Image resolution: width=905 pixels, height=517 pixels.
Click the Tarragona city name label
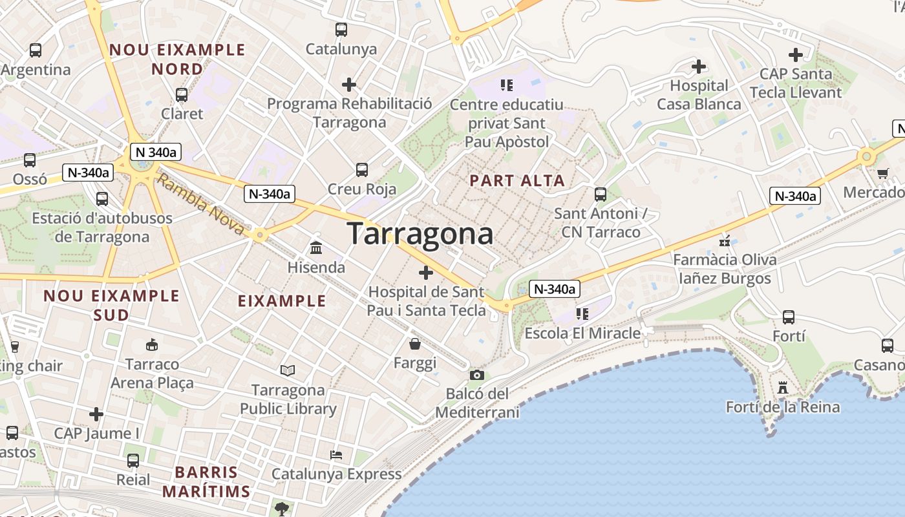(420, 233)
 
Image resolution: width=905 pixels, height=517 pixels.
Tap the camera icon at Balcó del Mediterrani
(476, 375)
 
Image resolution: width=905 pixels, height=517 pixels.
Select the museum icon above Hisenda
(316, 248)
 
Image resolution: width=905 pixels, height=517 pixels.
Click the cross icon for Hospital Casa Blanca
(698, 66)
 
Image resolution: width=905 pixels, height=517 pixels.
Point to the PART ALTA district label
(517, 181)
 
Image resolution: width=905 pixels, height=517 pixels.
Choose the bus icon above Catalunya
(341, 30)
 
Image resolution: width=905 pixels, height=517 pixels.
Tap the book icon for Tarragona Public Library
(288, 370)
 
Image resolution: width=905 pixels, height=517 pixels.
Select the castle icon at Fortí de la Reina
(783, 387)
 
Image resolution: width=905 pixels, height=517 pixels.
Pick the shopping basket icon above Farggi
(415, 343)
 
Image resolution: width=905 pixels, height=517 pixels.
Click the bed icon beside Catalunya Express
(336, 455)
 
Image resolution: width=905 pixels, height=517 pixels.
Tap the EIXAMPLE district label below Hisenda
(282, 301)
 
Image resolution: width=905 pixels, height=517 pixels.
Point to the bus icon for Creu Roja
(362, 170)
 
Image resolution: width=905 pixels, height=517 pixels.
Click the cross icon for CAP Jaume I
(96, 414)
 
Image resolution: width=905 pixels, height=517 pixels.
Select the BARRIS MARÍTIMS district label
(206, 481)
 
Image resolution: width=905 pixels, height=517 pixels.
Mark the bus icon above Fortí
(789, 317)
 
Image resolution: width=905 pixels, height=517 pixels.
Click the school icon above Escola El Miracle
(582, 314)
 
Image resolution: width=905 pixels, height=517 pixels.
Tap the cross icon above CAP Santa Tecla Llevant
(796, 55)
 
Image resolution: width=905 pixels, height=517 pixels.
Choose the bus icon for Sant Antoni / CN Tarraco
(601, 194)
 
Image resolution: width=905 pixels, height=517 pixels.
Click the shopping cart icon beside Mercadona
(883, 173)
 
